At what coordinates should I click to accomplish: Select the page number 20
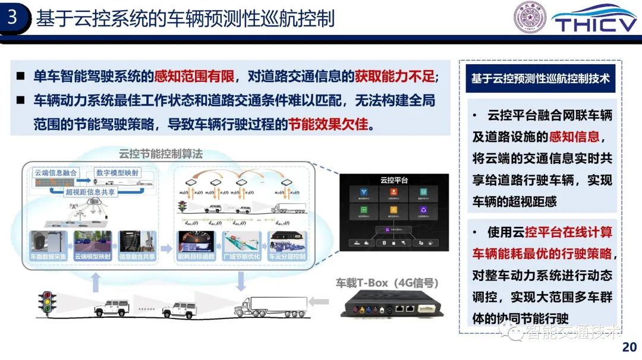pos(629,346)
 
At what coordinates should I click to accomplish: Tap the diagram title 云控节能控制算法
pos(160,154)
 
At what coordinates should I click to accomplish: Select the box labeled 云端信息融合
pos(56,173)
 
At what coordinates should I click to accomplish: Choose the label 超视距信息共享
pos(90,192)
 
